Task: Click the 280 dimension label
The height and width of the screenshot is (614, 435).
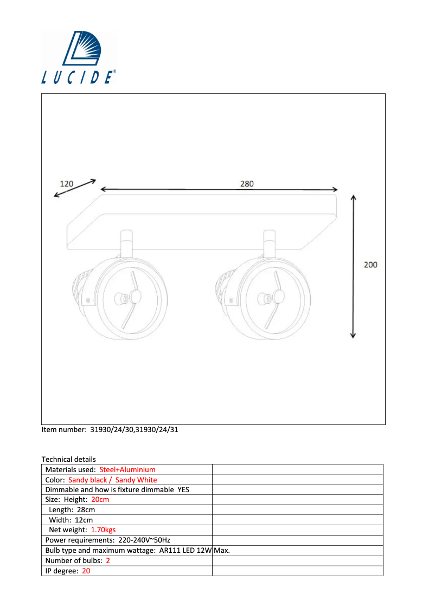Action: click(247, 184)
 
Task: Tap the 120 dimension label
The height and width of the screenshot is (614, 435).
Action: click(66, 184)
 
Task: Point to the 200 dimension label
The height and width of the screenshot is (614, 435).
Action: click(370, 265)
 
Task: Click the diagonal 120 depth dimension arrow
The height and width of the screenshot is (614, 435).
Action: click(75, 188)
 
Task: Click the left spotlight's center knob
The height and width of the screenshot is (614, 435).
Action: click(133, 297)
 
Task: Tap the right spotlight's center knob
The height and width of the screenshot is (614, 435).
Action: click(278, 297)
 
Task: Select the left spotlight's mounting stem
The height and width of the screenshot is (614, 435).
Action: click(126, 244)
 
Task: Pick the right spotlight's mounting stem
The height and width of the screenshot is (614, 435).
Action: click(270, 244)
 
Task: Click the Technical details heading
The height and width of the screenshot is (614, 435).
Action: click(68, 459)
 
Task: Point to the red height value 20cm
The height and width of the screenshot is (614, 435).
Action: click(100, 500)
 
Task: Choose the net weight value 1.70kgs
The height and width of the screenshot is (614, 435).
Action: click(103, 530)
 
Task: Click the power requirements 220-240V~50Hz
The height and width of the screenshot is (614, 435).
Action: click(144, 540)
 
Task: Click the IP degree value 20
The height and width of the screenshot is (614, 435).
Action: click(86, 571)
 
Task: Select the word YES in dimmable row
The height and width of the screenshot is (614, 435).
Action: click(183, 489)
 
